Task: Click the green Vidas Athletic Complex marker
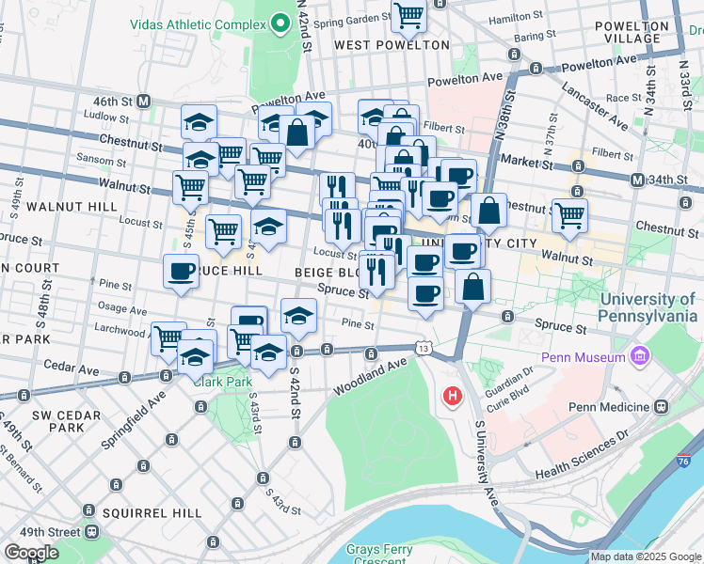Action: tap(280, 23)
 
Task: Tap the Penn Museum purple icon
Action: tap(641, 357)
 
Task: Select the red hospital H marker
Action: tap(453, 397)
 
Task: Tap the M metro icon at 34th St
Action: tap(638, 180)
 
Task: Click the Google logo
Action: tap(31, 553)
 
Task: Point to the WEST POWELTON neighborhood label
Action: tap(392, 44)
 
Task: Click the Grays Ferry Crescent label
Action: tap(389, 554)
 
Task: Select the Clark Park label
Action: tap(222, 382)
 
